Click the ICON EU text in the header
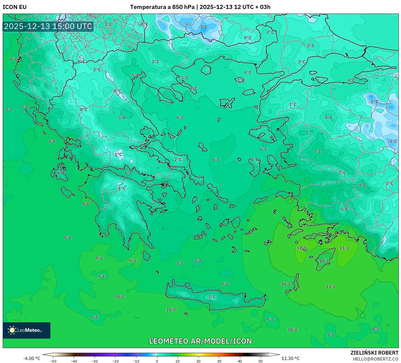click(x=15, y=7)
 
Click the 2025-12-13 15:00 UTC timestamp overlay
click(x=48, y=26)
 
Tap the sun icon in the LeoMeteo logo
click(x=12, y=330)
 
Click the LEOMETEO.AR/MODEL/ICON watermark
click(x=200, y=341)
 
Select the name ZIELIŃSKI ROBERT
click(x=374, y=353)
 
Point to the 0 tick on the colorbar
click(x=157, y=361)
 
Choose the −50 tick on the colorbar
click(x=53, y=361)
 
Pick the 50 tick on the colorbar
click(x=261, y=361)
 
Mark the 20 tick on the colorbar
click(x=198, y=361)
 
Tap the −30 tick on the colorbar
click(x=95, y=361)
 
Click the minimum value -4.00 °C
click(x=31, y=358)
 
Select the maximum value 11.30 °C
click(x=290, y=358)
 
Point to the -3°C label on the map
click(x=203, y=27)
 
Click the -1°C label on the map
click(x=118, y=154)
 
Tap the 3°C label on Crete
click(x=212, y=297)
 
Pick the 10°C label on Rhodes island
click(x=324, y=261)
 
